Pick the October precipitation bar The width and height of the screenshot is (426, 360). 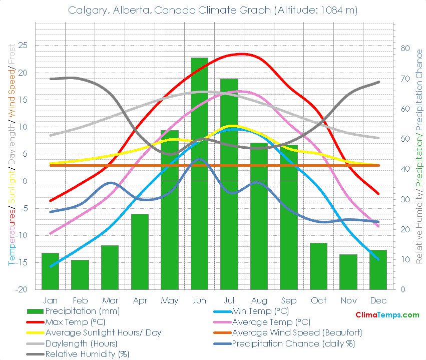point(318,266)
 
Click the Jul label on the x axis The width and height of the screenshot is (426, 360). point(229,300)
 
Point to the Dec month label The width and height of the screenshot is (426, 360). point(378,300)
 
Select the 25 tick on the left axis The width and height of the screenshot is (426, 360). point(23,45)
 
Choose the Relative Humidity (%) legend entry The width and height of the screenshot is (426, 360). point(87,354)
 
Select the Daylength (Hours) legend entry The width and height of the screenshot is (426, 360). point(81,343)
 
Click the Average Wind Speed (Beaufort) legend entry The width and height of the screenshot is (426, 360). point(297,332)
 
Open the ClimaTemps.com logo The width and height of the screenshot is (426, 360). point(387,315)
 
